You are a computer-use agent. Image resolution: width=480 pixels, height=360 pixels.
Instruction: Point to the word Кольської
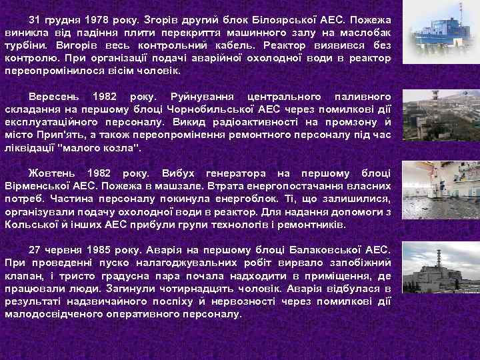(31, 224)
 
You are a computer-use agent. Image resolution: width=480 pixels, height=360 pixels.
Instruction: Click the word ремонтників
(311, 224)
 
